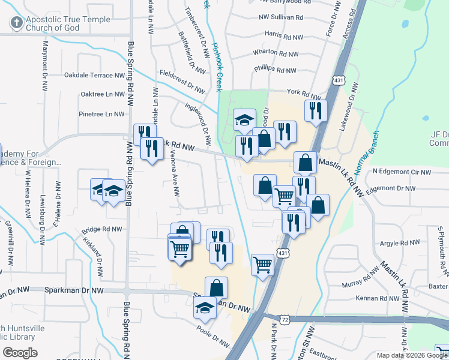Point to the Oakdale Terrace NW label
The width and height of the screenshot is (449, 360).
pyautogui.click(x=95, y=76)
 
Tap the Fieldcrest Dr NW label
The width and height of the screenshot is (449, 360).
pyautogui.click(x=182, y=80)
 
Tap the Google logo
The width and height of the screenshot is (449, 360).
pyautogui.click(x=20, y=353)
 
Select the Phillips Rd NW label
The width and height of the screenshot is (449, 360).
pyautogui.click(x=275, y=70)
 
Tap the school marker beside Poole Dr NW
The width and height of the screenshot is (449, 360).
pyautogui.click(x=205, y=308)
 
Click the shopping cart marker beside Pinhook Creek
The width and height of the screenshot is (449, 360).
pyautogui.click(x=262, y=263)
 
